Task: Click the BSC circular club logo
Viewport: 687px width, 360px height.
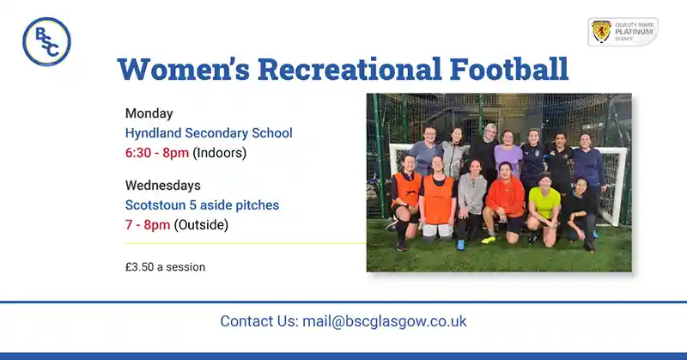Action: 46,41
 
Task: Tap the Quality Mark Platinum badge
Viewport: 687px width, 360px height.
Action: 623,32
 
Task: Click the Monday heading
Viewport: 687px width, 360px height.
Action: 149,113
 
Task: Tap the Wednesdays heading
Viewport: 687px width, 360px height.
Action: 162,186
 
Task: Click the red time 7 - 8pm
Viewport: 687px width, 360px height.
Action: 148,225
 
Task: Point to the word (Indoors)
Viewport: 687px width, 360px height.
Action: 219,153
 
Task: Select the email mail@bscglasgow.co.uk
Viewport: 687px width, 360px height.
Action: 384,321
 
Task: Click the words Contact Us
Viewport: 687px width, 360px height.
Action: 258,321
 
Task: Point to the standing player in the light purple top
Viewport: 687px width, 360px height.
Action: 508,155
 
